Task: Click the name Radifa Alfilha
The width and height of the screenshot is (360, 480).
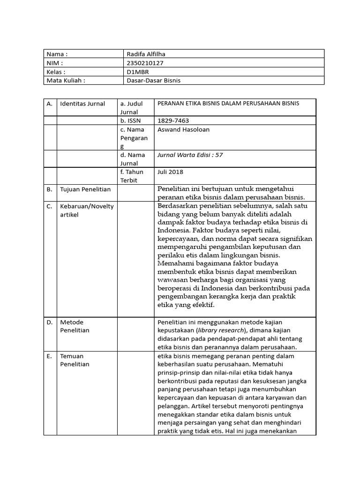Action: pos(146,54)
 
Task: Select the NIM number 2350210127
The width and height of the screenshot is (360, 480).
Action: pos(145,63)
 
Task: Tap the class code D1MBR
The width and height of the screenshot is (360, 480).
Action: pos(138,72)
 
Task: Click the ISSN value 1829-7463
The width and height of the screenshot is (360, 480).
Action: pos(173,120)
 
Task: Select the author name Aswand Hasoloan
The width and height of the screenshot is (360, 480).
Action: pos(183,129)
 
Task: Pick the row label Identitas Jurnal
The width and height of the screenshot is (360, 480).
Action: pos(82,104)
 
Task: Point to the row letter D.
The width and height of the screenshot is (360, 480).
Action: pos(49,322)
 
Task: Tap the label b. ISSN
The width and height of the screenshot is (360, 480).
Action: pos(131,120)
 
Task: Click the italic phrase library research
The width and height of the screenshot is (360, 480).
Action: pos(217,330)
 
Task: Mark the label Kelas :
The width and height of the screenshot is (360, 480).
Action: pos(56,72)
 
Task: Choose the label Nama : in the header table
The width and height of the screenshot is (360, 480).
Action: pos(58,54)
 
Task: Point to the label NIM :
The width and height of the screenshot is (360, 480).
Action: pos(54,63)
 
